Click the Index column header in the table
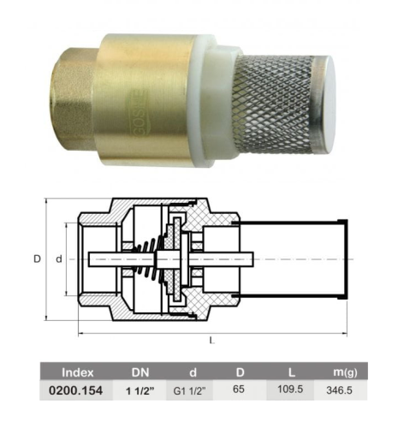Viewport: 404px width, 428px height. pyautogui.click(x=78, y=372)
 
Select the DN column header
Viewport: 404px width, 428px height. pyautogui.click(x=140, y=372)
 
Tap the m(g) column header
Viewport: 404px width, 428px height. pyautogui.click(x=345, y=372)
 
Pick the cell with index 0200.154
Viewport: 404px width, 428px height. pyautogui.click(x=75, y=390)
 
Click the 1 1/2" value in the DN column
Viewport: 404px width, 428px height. pyautogui.click(x=140, y=390)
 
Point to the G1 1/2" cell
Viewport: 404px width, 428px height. pyautogui.click(x=189, y=390)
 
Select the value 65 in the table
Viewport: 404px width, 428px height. pyautogui.click(x=239, y=389)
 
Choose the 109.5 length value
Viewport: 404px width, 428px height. pyautogui.click(x=290, y=389)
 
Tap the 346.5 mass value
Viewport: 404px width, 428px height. pyautogui.click(x=339, y=390)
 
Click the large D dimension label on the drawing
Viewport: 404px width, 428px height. pyautogui.click(x=38, y=259)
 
